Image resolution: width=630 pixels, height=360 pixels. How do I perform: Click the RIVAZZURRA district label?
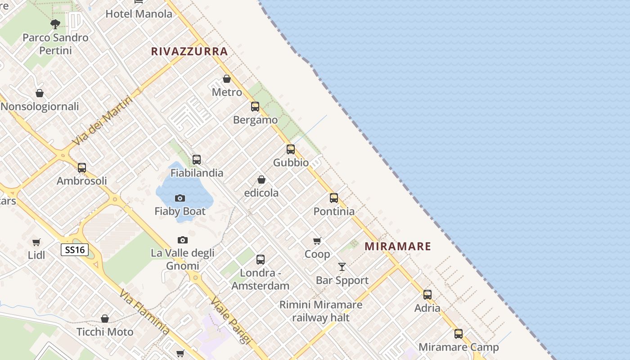point(189,51)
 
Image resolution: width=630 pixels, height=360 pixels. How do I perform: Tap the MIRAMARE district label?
point(398,246)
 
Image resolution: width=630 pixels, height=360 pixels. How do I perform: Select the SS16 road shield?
point(75,250)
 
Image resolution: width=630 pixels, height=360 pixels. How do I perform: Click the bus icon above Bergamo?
point(255,107)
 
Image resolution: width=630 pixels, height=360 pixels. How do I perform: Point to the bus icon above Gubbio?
point(291,149)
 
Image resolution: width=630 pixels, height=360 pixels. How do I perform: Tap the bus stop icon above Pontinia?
point(334,198)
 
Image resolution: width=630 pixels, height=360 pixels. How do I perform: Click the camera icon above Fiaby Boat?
point(180,198)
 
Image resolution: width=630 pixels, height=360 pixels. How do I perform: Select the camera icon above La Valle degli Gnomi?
point(182,240)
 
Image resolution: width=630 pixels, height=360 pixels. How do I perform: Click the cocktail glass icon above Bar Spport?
point(342,267)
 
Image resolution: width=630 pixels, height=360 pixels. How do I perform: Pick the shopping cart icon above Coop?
point(317,241)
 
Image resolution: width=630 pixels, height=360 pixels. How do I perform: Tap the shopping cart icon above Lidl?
point(36,242)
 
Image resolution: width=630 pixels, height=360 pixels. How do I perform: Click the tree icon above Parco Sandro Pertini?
point(55,24)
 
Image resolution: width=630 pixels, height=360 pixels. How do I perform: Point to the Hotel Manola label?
point(139,14)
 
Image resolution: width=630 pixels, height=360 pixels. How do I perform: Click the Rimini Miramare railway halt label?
point(321,311)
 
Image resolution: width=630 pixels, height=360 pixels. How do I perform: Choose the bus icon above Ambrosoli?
point(81,168)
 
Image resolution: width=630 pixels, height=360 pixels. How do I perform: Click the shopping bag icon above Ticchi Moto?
point(105,319)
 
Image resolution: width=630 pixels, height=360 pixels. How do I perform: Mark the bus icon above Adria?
point(427,295)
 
